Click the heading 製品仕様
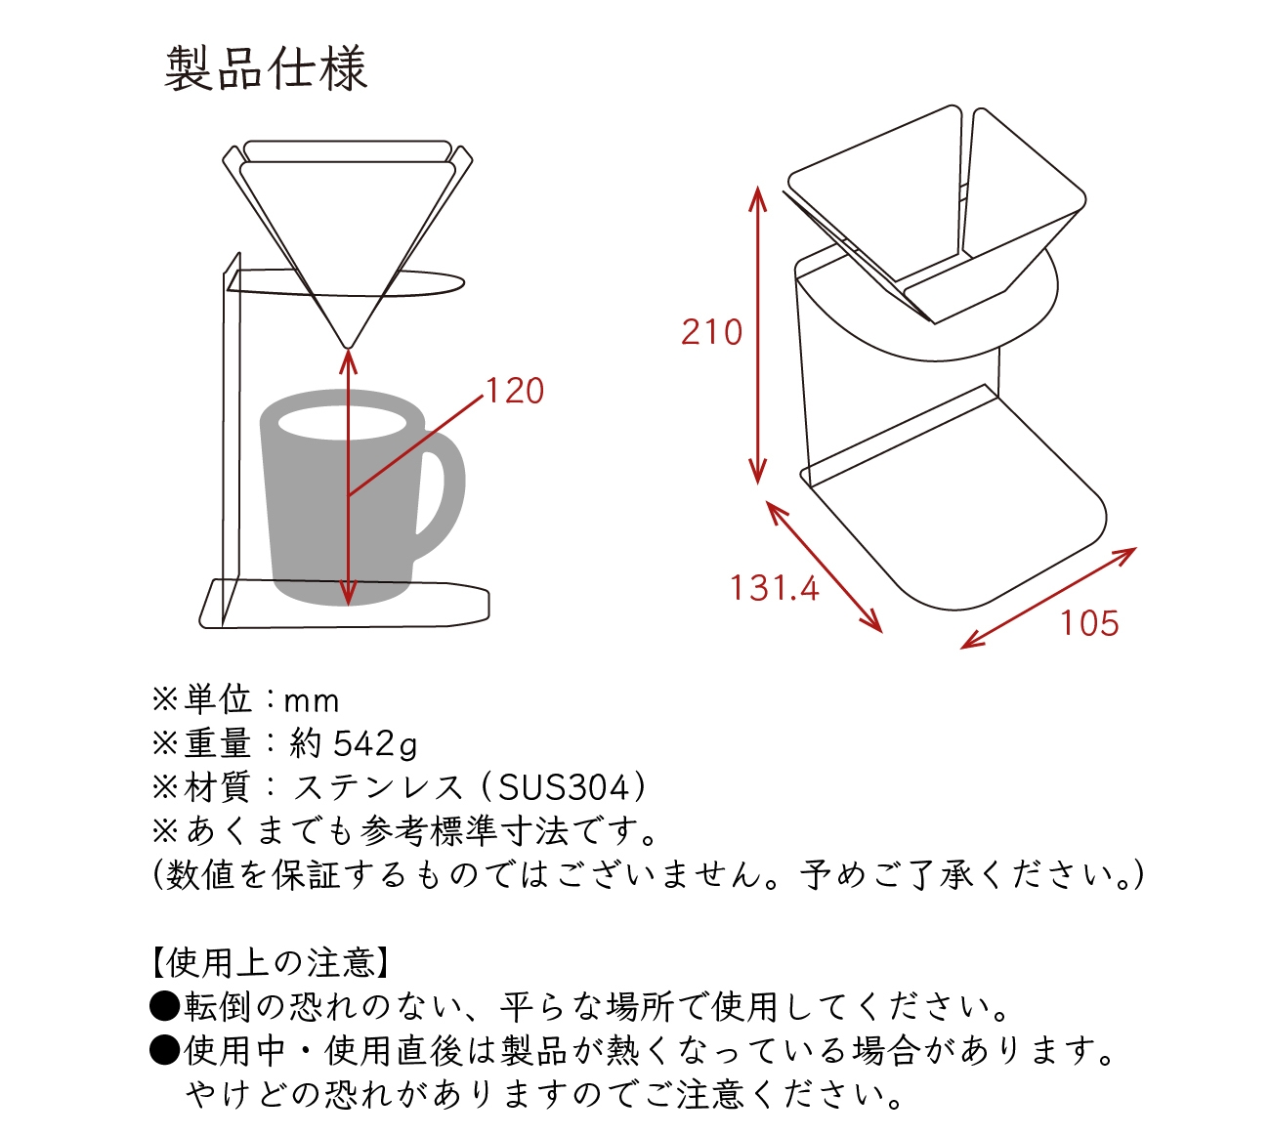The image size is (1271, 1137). coord(266,69)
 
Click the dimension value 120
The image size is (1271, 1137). coord(515,391)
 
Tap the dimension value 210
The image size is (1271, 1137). coord(711,332)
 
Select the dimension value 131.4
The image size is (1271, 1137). coord(774,588)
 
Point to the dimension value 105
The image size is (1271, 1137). coord(1089,623)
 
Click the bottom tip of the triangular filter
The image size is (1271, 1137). coord(347,344)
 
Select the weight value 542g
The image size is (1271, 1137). coord(375,744)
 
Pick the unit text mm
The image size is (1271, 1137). coord(311,701)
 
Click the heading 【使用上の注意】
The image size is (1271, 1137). coord(271,963)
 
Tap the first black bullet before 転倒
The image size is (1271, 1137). coord(164,1006)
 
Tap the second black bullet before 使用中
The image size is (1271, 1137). coord(164,1051)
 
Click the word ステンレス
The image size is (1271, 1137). coord(379,787)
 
